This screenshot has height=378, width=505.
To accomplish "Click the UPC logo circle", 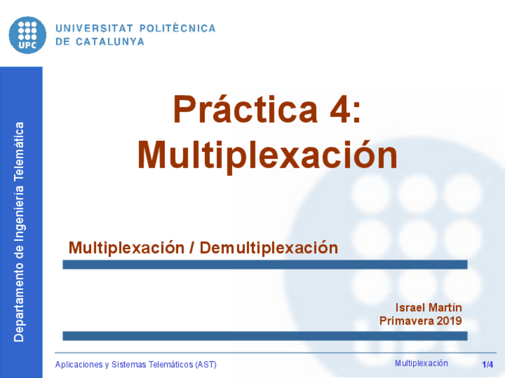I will point(27,34).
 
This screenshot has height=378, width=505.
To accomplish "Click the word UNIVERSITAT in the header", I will point(94,28).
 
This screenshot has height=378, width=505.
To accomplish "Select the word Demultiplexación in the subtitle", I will point(269,247).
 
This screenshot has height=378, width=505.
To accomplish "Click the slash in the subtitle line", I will point(191,247).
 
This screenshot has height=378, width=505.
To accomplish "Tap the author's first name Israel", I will point(408,307).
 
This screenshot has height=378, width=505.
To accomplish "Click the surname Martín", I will point(443,307).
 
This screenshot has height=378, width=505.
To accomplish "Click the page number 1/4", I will point(488,364).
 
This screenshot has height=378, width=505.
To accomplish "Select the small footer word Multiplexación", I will point(421,363).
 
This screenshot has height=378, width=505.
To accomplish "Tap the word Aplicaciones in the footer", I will point(78,364).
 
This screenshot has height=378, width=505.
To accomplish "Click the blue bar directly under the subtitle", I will point(265,264).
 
